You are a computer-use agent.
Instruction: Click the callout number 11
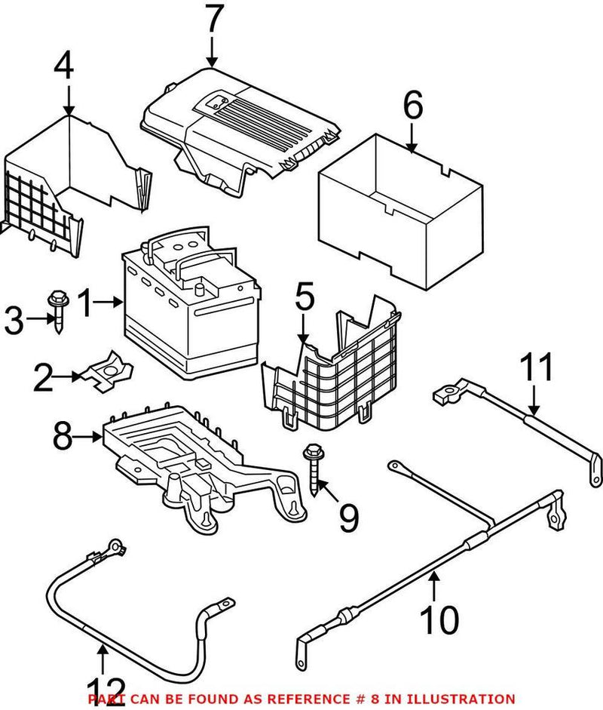[536, 368]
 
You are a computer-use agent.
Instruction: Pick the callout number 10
[439, 620]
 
